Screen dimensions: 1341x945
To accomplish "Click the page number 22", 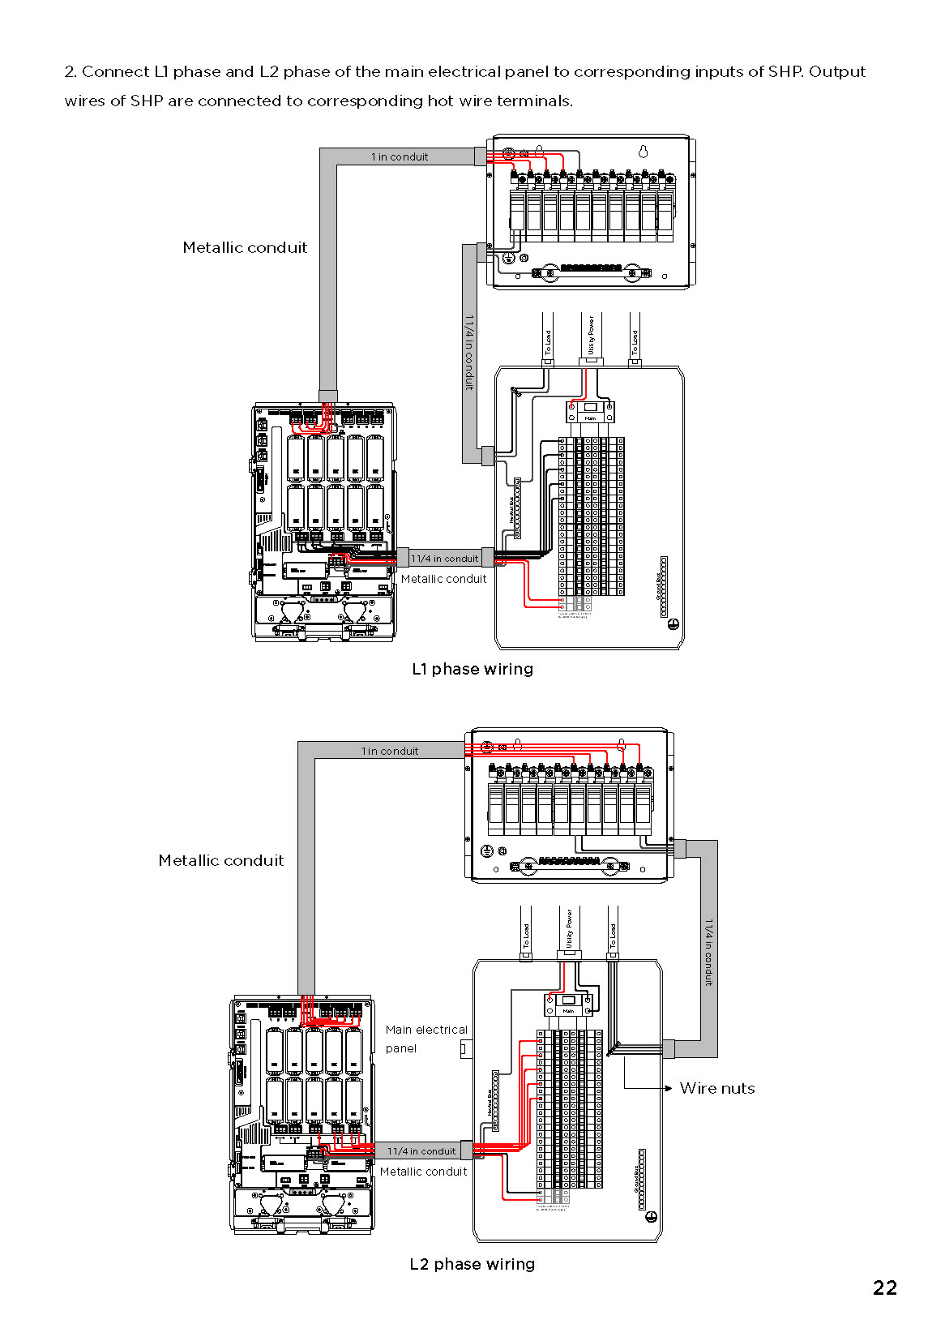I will (884, 1287).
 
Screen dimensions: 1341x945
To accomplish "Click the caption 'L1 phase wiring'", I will (472, 669).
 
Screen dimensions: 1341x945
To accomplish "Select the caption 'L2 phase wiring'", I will (472, 1264).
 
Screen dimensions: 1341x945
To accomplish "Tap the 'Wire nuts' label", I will (717, 1088).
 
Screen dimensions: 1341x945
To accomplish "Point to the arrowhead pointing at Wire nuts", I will (668, 1088).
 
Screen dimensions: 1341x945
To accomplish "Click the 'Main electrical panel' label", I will (426, 1039).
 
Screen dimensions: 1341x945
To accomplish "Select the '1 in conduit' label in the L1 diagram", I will (400, 156).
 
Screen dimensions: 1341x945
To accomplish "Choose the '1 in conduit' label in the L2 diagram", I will (390, 751).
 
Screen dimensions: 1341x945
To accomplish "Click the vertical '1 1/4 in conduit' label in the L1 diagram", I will (469, 353).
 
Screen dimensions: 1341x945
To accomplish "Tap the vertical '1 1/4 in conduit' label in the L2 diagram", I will (708, 952).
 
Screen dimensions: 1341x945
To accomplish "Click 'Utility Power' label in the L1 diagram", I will (591, 335).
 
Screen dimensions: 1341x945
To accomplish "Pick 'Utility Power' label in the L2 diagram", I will (569, 928).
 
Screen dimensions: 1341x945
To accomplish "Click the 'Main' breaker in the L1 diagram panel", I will (590, 411).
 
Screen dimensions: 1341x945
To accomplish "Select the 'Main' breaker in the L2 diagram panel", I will (568, 1005).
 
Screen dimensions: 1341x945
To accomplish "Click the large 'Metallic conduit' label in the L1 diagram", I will (245, 247).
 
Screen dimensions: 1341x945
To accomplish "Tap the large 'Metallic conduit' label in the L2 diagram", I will (221, 860).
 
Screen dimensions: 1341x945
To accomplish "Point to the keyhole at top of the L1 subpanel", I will (644, 152).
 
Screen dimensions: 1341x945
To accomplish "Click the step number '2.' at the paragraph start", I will (71, 71).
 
